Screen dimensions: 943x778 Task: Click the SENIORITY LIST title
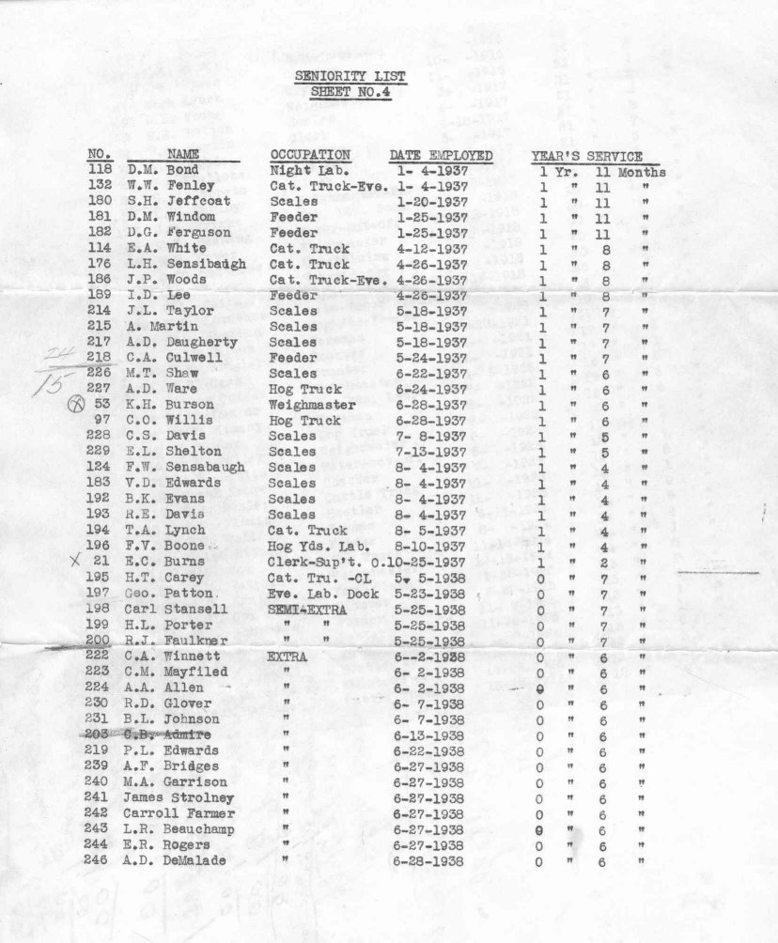pos(350,76)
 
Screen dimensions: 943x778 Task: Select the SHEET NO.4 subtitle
pos(350,92)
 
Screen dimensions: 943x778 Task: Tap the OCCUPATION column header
pos(310,155)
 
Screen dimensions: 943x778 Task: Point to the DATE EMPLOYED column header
pos(441,156)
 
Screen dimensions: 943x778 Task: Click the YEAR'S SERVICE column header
pos(586,157)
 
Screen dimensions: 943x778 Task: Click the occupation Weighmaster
pos(313,405)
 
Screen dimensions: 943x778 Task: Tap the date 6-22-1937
pos(432,374)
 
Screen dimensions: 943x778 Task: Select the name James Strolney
pos(179,797)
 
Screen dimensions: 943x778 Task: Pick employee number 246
pos(96,861)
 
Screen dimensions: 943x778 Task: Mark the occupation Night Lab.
pos(303,172)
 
